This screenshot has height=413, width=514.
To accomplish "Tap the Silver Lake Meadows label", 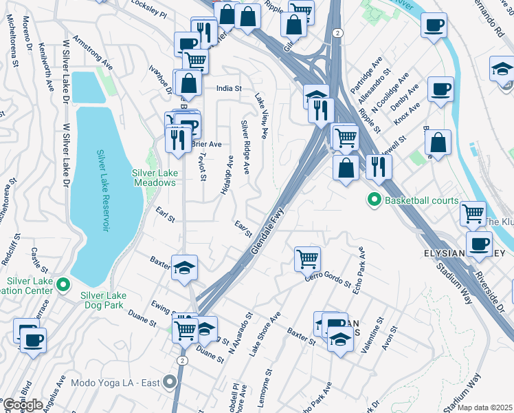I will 154,178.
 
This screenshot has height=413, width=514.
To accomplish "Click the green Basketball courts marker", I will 375,201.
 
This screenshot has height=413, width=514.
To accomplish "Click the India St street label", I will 229,89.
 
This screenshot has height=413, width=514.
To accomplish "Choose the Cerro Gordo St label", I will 328,277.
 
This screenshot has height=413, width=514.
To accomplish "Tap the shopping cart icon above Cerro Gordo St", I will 307,260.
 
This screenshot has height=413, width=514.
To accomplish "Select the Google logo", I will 23,404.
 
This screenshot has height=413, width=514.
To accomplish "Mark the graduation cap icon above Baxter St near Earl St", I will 184,268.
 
